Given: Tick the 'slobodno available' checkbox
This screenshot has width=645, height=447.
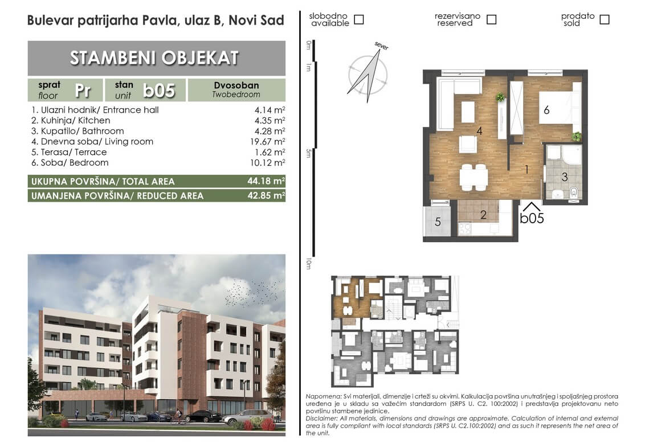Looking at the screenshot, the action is (x=359, y=19).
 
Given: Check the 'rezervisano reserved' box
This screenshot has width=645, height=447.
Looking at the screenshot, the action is (x=492, y=19).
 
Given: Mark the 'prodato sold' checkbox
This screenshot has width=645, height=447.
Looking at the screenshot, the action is (x=605, y=19).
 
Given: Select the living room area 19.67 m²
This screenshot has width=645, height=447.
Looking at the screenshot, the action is (x=267, y=141).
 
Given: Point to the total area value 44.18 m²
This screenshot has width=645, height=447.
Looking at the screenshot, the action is (x=266, y=181).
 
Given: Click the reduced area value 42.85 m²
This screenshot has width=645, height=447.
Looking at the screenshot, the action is (x=266, y=195).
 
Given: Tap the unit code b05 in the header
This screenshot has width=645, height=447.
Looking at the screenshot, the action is (x=159, y=91).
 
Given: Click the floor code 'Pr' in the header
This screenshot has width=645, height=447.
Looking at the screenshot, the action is (x=83, y=91).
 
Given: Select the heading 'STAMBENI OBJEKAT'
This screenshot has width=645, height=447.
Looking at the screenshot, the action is (x=154, y=58).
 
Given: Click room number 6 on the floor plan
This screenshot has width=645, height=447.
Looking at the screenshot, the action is (x=546, y=110).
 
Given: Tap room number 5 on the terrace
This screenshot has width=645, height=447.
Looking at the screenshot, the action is (x=438, y=222).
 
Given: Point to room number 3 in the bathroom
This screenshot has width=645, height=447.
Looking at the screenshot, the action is (x=564, y=177).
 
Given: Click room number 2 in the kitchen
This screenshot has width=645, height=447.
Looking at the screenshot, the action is (x=483, y=215).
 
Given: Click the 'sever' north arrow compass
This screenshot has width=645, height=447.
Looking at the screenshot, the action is (x=368, y=73).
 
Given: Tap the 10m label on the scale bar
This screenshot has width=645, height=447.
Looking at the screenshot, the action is (x=308, y=264).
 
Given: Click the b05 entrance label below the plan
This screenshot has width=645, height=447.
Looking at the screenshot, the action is (x=532, y=218).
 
